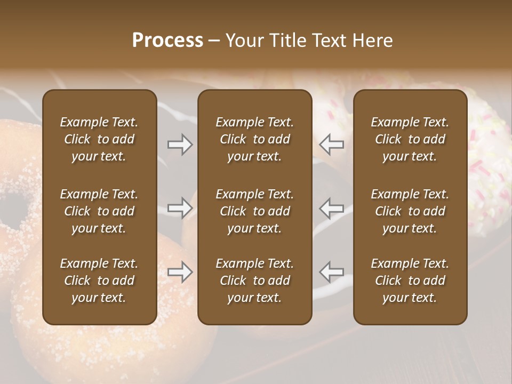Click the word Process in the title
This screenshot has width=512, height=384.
tap(167, 41)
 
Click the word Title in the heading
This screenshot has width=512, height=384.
tap(287, 41)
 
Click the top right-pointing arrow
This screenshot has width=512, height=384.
tap(180, 145)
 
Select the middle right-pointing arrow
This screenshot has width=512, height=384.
tap(180, 208)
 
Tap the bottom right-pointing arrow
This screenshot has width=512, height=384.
tap(180, 272)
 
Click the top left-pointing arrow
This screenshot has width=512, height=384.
tap(331, 145)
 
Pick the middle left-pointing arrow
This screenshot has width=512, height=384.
tap(331, 208)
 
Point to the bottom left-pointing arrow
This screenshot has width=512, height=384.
tap(331, 272)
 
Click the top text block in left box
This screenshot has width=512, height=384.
tap(99, 139)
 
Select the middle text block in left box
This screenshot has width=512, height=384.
tap(99, 211)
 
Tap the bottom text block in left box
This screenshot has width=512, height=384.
tap(99, 281)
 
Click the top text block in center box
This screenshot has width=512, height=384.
tap(254, 139)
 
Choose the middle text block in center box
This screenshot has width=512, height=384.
tap(254, 211)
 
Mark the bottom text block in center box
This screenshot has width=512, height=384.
tap(254, 281)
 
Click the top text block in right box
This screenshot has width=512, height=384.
tap(410, 139)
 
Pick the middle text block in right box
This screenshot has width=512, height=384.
tap(410, 211)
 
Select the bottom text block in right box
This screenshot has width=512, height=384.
tap(410, 281)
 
